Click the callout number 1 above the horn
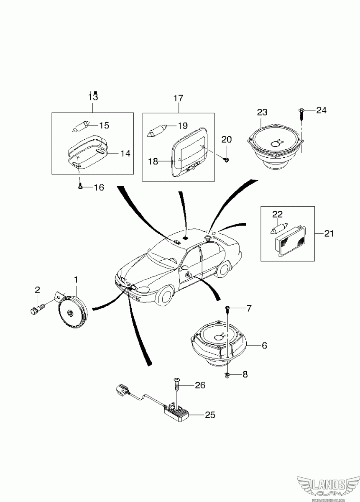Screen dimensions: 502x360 coord(76,279)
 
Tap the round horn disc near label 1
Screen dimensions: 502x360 coord(72,312)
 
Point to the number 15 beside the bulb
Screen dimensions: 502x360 coord(104,125)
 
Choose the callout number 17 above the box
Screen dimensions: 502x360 coord(178,99)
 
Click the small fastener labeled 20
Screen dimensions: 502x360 coord(226,160)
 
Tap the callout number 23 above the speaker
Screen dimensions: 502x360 coord(262,112)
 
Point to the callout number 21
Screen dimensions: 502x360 coord(329,233)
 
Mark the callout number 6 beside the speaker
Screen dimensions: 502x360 coord(264,346)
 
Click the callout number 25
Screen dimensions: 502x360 coord(210,415)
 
